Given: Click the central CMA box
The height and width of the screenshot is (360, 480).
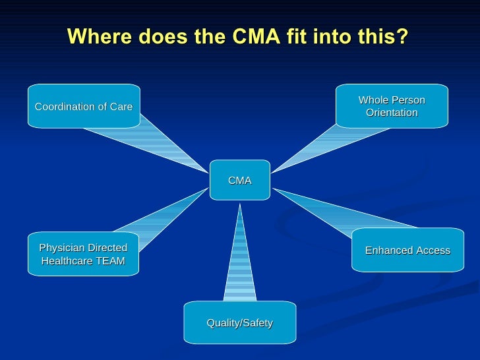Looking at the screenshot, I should (x=240, y=180).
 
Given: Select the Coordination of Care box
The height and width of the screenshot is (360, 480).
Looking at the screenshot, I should (x=84, y=106).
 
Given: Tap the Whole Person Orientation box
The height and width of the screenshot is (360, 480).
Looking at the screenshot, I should (x=392, y=106).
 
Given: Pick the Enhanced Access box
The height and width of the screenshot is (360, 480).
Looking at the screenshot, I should (x=407, y=250).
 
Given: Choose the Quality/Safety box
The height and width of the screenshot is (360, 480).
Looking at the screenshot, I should (x=239, y=322).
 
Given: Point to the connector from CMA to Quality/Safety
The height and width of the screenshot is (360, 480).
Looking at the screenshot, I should (x=239, y=257).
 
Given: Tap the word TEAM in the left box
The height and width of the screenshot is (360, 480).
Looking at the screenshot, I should (x=108, y=261).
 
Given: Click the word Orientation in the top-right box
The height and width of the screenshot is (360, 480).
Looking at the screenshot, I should (x=392, y=113).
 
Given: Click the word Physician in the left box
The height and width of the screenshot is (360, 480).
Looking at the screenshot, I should (x=63, y=248).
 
